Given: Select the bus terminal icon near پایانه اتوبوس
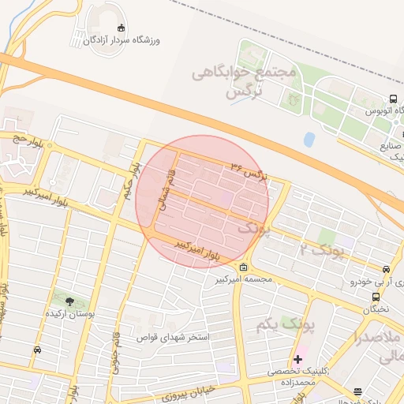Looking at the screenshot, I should click(392, 100).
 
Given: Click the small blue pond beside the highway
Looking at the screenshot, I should click(309, 140).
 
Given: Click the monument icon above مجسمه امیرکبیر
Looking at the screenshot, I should click(244, 267).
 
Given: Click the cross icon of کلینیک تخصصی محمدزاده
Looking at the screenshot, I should click(297, 359).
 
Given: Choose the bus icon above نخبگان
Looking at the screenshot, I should click(376, 297).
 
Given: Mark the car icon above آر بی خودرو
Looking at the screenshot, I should click(386, 269).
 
